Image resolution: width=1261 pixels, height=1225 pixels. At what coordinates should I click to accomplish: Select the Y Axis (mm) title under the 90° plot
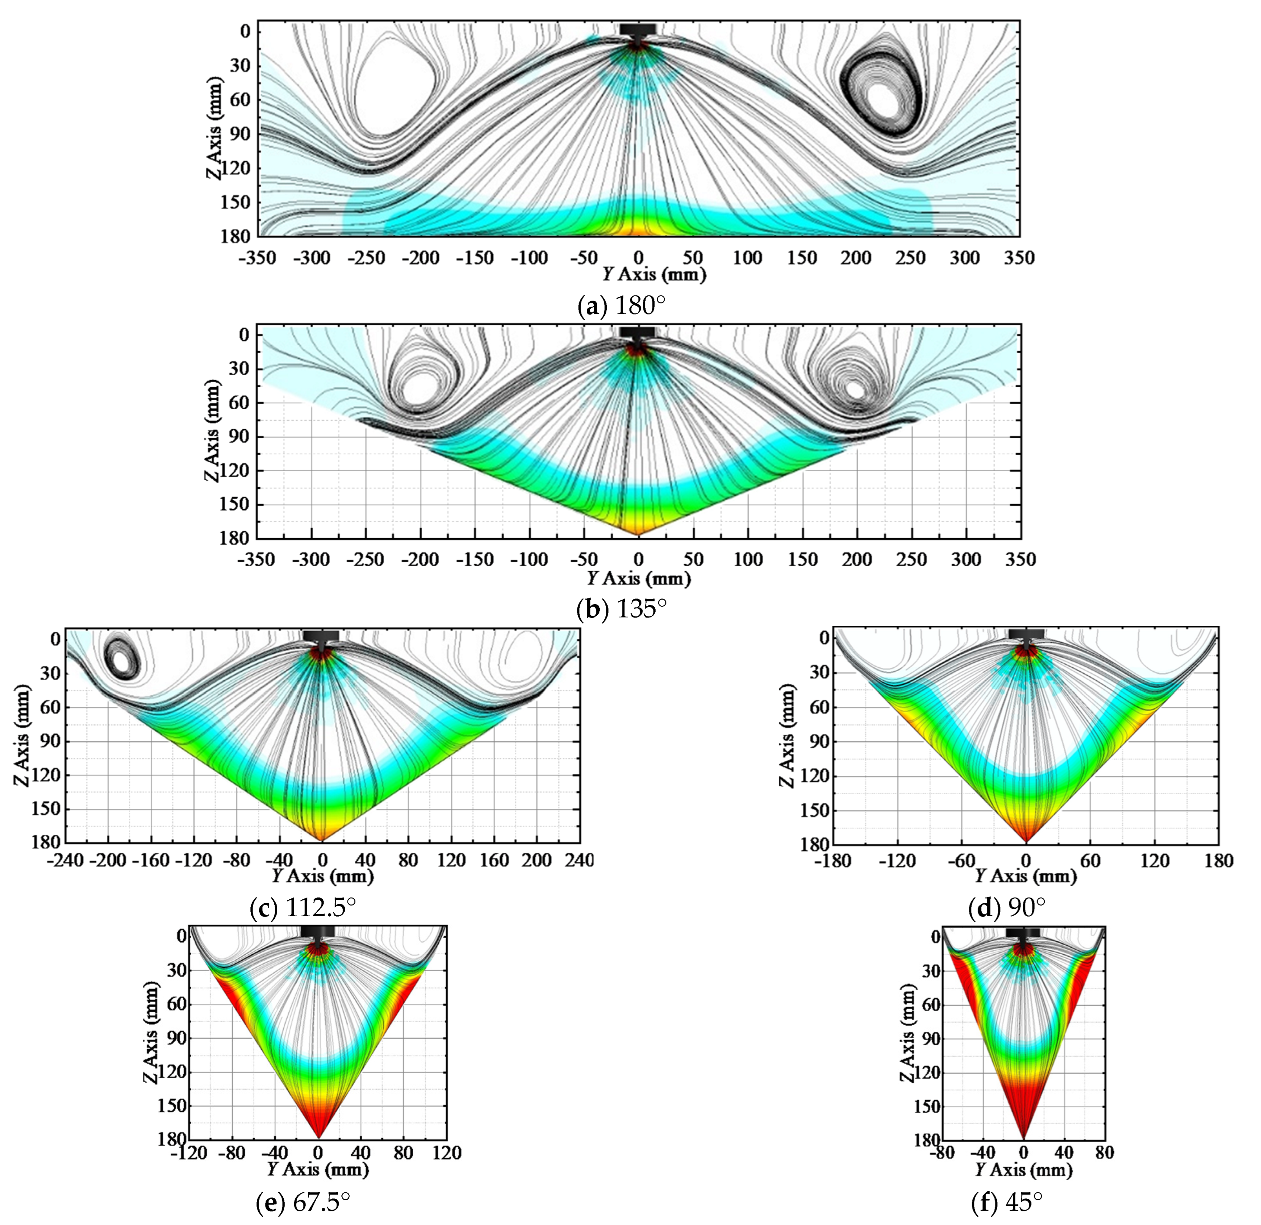[1025, 876]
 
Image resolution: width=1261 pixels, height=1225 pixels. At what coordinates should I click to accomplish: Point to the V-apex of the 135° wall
[638, 534]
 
